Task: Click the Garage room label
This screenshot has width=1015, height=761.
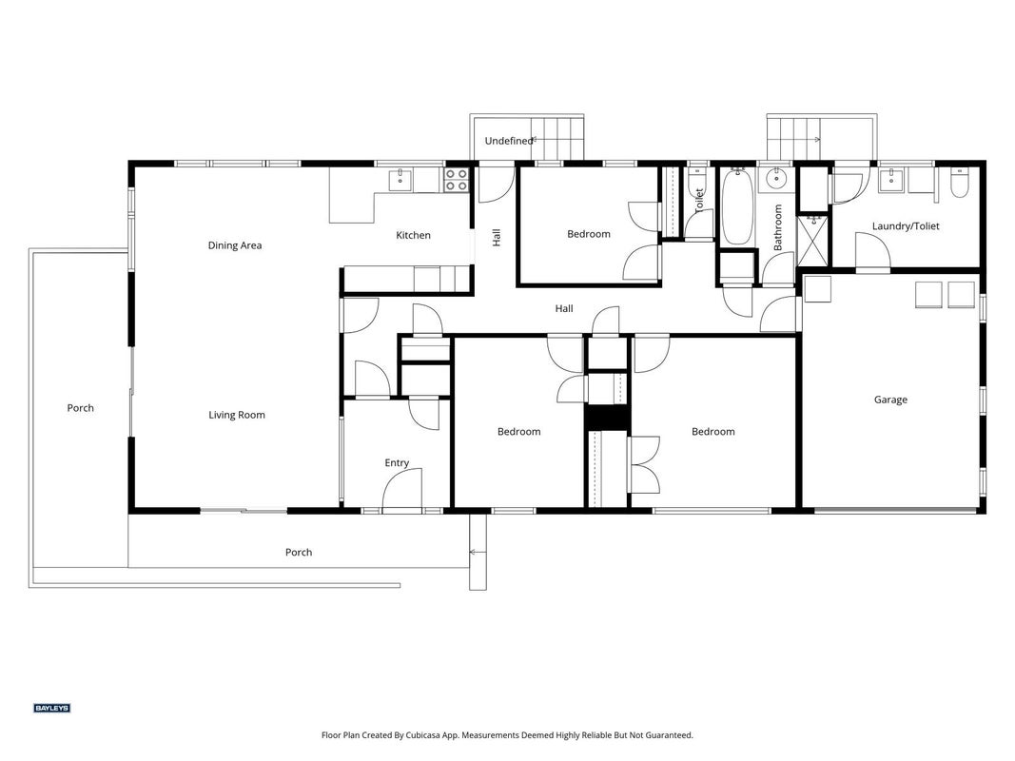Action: pyautogui.click(x=890, y=400)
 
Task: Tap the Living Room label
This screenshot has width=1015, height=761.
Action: pyautogui.click(x=237, y=416)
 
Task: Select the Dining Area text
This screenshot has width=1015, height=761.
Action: pyautogui.click(x=235, y=246)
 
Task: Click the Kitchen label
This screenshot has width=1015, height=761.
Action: pyautogui.click(x=413, y=236)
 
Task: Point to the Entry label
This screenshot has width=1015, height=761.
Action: pyautogui.click(x=397, y=463)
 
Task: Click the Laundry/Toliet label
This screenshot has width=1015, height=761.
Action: pyautogui.click(x=906, y=226)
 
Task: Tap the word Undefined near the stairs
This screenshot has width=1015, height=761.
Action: pyautogui.click(x=509, y=141)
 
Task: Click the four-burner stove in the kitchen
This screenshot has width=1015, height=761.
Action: pyautogui.click(x=456, y=179)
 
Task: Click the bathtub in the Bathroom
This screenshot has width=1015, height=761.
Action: pyautogui.click(x=736, y=206)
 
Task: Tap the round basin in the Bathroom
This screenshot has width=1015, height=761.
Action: pyautogui.click(x=774, y=177)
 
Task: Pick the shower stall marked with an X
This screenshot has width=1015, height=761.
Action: pyautogui.click(x=813, y=240)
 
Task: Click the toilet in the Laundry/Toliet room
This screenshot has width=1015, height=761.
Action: pyautogui.click(x=959, y=184)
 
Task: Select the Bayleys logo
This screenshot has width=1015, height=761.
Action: pyautogui.click(x=51, y=708)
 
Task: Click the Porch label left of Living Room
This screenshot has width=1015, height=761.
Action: pyautogui.click(x=80, y=408)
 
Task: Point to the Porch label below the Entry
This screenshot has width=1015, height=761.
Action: pyautogui.click(x=299, y=553)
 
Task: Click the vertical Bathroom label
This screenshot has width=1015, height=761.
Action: pyautogui.click(x=777, y=227)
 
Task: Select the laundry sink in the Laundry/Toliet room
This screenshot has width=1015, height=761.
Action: pyautogui.click(x=891, y=181)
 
